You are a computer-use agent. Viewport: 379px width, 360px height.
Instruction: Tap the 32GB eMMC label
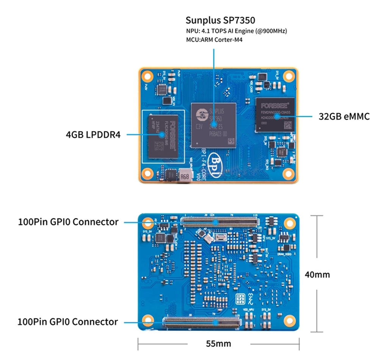click(x=344, y=116)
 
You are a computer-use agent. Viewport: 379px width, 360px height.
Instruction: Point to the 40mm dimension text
click(x=317, y=274)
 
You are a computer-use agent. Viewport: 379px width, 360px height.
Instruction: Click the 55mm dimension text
click(x=218, y=344)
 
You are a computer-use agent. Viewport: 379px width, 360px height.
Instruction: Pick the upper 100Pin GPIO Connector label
click(x=68, y=222)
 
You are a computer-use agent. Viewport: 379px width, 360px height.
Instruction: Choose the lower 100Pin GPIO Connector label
click(x=68, y=322)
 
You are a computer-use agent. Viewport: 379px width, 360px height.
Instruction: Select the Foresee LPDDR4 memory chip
click(x=163, y=135)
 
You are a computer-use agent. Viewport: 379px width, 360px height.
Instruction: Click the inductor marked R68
click(x=184, y=176)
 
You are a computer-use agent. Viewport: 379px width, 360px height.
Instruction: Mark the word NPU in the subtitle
click(x=191, y=31)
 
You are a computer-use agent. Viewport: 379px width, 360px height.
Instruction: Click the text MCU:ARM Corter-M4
click(x=214, y=40)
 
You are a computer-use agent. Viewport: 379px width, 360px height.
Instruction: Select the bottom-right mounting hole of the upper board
click(x=289, y=174)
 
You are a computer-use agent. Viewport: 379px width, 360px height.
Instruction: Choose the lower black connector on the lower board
click(x=202, y=322)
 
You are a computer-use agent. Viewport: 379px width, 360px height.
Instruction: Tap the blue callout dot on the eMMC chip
click(x=277, y=116)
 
